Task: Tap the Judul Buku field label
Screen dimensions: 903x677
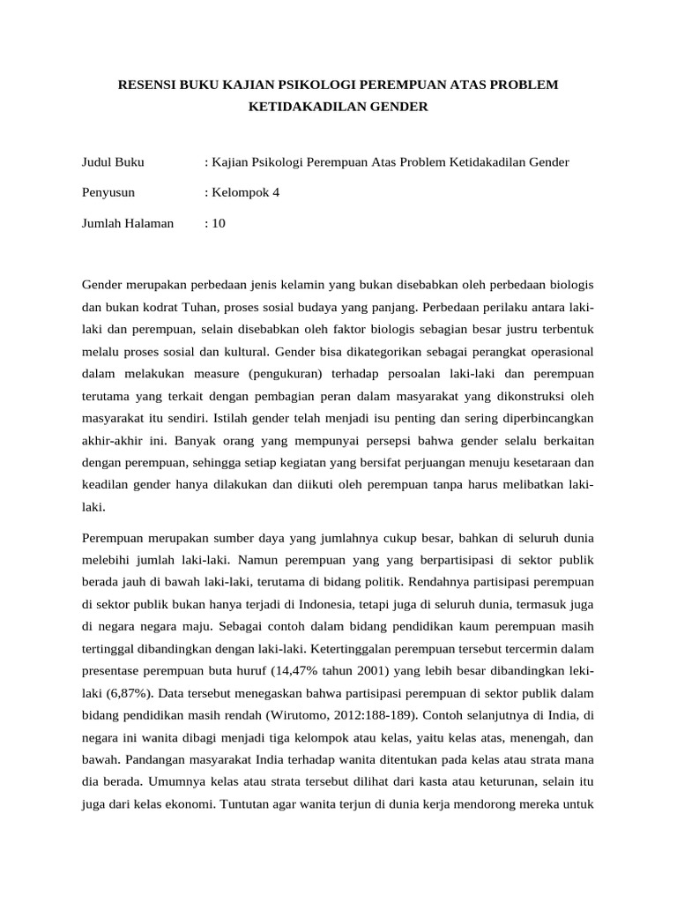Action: pos(113,162)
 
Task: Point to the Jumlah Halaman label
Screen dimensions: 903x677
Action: pos(128,223)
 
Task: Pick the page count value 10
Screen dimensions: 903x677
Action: pos(218,223)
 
